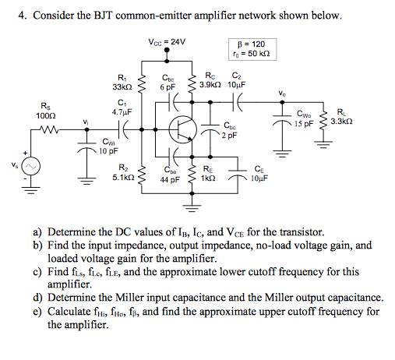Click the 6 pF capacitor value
click(x=168, y=87)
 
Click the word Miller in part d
click(x=148, y=297)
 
